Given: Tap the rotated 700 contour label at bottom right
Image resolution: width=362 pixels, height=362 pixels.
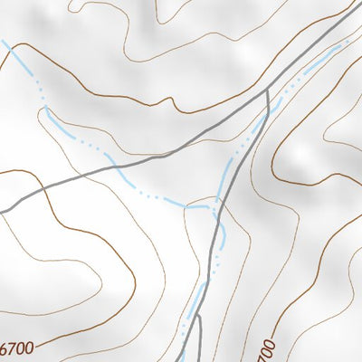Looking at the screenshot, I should (x=265, y=348).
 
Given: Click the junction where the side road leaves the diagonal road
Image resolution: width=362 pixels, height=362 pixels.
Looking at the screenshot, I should (x=267, y=90).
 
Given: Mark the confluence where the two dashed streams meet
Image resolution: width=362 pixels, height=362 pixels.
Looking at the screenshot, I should (x=214, y=207).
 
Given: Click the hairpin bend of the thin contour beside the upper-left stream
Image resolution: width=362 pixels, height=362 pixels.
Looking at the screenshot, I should (x=43, y=109).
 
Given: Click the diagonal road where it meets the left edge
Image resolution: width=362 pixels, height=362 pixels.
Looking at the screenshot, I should (x=3, y=212).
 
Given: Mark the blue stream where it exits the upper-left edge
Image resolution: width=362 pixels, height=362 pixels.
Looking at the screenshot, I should (x=3, y=41).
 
